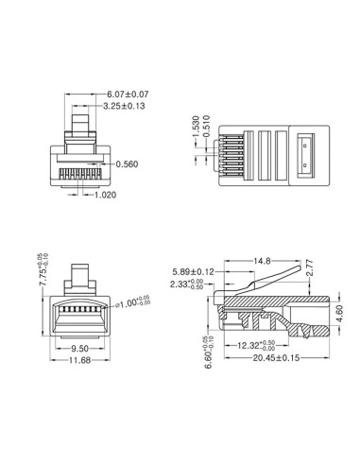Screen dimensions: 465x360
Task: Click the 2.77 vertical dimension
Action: [309, 273]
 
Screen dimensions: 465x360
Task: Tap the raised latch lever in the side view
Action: [269, 277]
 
